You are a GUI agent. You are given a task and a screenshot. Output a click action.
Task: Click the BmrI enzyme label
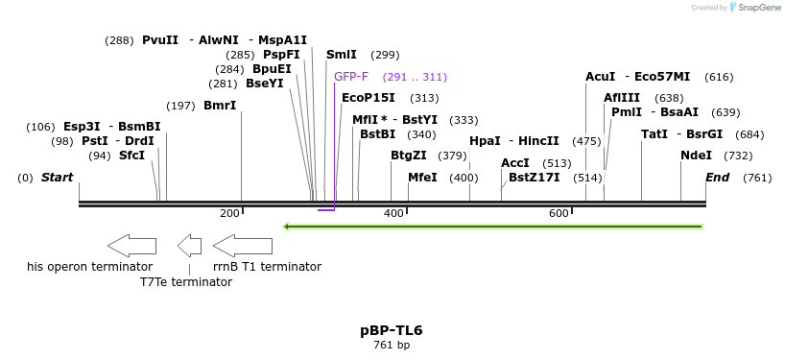220,106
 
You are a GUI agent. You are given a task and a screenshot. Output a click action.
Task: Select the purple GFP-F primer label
351,77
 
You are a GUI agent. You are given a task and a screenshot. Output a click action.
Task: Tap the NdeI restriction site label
696,156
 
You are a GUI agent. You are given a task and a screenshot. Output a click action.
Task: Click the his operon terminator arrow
132,246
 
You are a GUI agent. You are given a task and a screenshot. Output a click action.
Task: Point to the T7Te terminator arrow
190,246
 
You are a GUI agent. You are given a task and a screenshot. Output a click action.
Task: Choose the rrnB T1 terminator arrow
243,246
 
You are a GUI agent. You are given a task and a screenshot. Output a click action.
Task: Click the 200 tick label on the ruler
229,214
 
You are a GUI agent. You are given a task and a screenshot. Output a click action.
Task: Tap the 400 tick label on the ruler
393,214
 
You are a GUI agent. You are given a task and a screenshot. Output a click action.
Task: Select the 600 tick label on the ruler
559,214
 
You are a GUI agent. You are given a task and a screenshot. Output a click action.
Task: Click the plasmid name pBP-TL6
392,330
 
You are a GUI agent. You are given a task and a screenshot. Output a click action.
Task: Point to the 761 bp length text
392,345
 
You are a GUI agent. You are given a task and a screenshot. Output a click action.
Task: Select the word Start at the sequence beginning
57,178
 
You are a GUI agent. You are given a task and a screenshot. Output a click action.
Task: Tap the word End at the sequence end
718,178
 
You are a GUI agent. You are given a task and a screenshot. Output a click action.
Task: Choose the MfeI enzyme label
423,178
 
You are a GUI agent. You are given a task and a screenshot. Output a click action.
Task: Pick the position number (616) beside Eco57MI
719,77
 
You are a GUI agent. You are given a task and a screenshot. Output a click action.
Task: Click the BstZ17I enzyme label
535,178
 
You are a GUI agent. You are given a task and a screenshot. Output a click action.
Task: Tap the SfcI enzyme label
131,156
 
